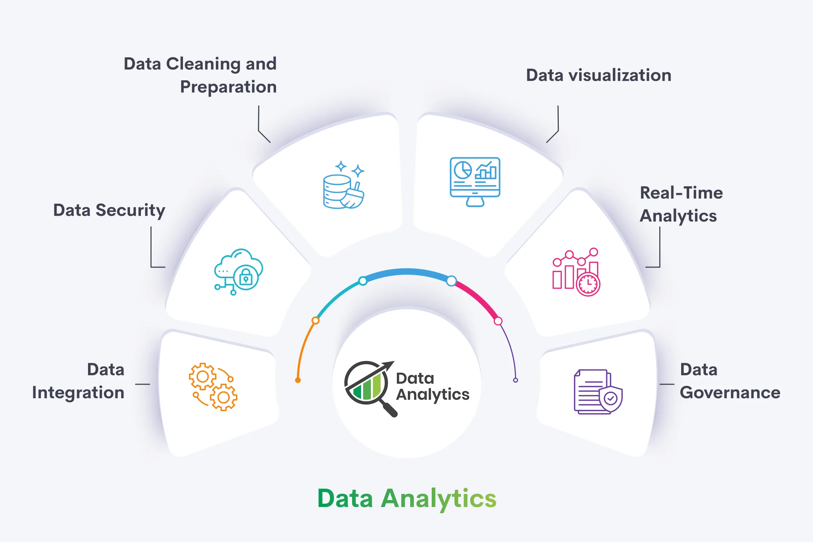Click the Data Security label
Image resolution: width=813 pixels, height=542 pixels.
(x=109, y=211)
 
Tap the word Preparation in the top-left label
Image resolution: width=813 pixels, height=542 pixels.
(x=228, y=87)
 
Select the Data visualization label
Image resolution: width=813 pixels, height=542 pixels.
(x=598, y=75)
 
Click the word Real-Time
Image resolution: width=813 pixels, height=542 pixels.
(x=681, y=193)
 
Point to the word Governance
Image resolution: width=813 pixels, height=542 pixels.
(x=730, y=393)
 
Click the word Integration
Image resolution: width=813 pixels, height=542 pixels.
(x=78, y=393)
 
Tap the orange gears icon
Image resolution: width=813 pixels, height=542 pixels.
(x=213, y=387)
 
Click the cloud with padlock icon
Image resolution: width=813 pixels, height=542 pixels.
(x=238, y=272)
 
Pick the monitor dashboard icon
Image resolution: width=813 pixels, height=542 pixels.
(x=475, y=181)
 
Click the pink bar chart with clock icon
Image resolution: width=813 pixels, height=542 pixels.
(x=576, y=272)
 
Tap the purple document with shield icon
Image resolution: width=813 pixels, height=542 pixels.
(x=598, y=392)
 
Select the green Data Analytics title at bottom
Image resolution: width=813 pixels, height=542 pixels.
(x=406, y=499)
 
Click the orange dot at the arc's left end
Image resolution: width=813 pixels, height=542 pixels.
(x=298, y=380)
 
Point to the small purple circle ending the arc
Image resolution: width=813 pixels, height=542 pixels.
(x=515, y=380)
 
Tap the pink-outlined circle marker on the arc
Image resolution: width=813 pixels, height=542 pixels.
(x=498, y=321)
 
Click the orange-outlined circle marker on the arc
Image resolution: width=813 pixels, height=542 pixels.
(x=316, y=320)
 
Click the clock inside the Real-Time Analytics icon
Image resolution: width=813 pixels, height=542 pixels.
(x=588, y=284)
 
